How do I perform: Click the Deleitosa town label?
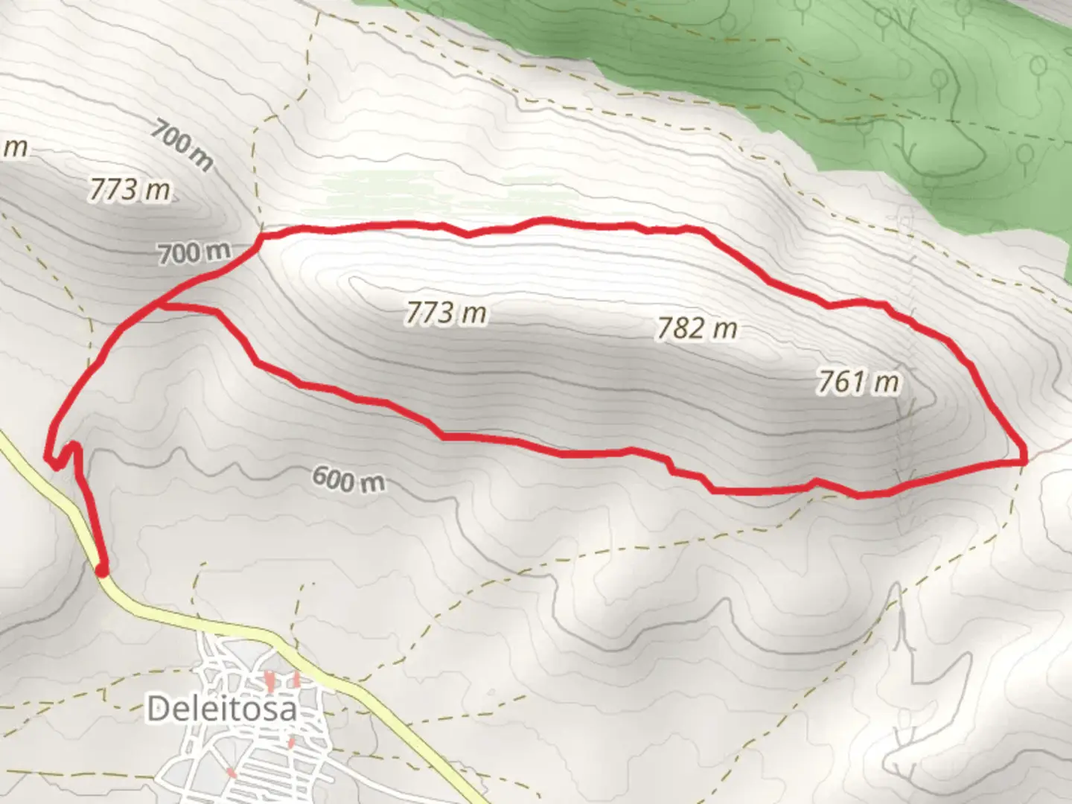coord(222,709)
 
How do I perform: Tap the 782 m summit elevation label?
coord(697,328)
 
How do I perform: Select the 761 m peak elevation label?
coord(858,382)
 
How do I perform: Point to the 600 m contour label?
coord(348,479)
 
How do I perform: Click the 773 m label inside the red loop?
coord(446,313)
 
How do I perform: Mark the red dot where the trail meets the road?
coord(102,570)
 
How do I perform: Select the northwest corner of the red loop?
coord(261,237)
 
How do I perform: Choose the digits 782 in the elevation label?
coord(677,328)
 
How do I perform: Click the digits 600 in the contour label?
coord(332,476)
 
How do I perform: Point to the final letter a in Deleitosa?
coord(288,710)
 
